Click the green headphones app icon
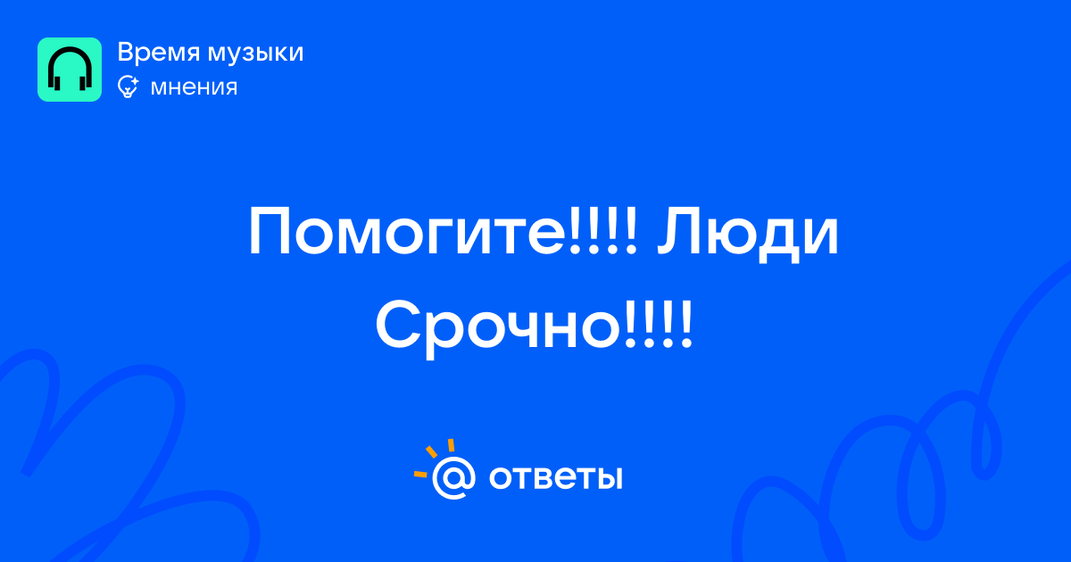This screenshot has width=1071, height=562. click(x=70, y=70)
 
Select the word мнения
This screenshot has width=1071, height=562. click(x=194, y=88)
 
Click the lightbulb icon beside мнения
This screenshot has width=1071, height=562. click(x=128, y=87)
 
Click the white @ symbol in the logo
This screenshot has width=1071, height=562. click(x=453, y=478)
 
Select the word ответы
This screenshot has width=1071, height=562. click(x=555, y=477)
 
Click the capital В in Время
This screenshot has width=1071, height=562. click(x=126, y=53)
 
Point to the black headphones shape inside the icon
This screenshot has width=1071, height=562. click(x=70, y=69)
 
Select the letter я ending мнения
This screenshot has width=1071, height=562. click(x=229, y=88)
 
